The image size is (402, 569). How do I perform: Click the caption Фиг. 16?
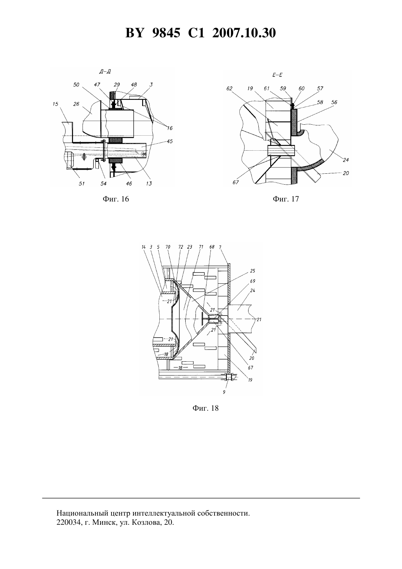116,199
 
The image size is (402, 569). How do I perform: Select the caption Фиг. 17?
286,199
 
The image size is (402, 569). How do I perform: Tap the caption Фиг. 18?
205,408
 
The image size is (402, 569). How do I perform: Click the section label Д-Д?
105,72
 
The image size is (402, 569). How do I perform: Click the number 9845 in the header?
166,33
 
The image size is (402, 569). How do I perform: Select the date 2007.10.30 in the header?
244,33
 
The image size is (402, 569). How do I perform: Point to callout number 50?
76,85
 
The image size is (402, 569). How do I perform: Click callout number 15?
56,104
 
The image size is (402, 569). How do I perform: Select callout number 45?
170,141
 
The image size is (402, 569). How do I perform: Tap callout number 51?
81,184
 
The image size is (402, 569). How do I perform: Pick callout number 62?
229,88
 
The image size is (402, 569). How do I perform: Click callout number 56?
334,102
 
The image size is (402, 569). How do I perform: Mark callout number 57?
320,88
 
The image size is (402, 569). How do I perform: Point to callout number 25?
253,271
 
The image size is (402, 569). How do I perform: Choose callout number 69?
253,281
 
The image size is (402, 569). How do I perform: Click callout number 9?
224,392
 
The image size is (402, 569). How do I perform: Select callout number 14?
144,247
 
